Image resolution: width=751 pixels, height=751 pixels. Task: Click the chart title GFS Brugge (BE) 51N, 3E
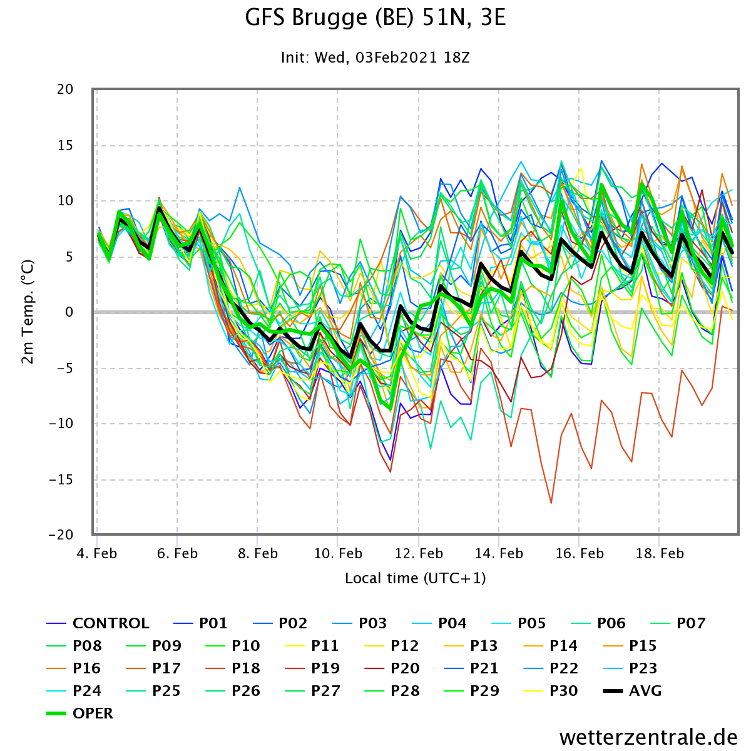(x=375, y=18)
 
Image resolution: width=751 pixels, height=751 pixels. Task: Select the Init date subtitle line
(x=375, y=58)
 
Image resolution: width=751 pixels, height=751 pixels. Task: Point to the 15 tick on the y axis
(x=65, y=145)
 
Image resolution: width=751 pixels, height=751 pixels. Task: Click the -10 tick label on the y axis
(x=61, y=423)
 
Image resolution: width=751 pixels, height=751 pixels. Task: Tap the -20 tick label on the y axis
(x=61, y=534)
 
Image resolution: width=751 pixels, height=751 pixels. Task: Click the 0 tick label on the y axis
(x=69, y=312)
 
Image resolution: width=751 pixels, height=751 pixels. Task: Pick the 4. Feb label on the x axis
(x=96, y=553)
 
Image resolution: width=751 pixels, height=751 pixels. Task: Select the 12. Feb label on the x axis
(x=419, y=553)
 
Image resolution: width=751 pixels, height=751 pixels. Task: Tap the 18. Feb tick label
(x=660, y=553)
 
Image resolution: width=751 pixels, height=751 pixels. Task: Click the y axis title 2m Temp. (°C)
(x=28, y=312)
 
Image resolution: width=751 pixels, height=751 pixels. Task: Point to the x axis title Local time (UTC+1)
(x=416, y=578)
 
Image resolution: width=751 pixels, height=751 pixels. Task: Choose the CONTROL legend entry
(x=98, y=623)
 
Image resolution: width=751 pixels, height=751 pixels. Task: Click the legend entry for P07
(x=678, y=623)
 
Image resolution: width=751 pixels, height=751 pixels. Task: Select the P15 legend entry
(x=630, y=646)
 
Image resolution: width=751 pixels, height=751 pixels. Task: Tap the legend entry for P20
(x=392, y=668)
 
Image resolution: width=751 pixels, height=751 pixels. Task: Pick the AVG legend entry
(x=632, y=691)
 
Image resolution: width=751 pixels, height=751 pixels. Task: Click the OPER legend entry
(x=79, y=713)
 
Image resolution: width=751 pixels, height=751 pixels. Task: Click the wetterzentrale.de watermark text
(x=648, y=737)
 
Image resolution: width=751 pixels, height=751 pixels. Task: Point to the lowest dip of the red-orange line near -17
(x=551, y=503)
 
